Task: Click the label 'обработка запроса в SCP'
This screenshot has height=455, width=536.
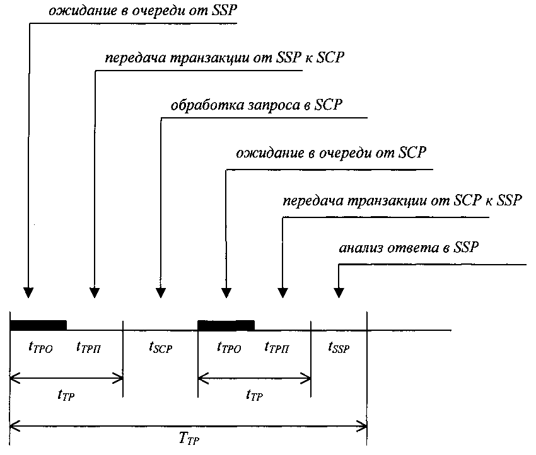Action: click(x=257, y=105)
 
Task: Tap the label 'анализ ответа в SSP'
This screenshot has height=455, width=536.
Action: click(x=409, y=247)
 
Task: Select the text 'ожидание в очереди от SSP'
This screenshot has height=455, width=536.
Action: click(x=143, y=10)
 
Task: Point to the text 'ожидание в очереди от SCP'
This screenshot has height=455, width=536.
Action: click(x=331, y=153)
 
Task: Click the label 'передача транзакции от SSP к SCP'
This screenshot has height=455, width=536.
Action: click(x=224, y=57)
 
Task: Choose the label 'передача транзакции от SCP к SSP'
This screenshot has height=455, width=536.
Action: click(x=402, y=200)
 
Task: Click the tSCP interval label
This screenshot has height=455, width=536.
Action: click(x=160, y=347)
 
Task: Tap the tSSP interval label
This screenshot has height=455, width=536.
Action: click(x=339, y=347)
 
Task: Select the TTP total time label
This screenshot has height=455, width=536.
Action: click(x=189, y=438)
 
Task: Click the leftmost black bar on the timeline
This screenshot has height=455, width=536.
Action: click(x=38, y=325)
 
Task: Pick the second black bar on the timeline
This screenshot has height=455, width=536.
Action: click(x=226, y=325)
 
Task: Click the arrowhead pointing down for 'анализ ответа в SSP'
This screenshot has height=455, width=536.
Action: click(x=339, y=293)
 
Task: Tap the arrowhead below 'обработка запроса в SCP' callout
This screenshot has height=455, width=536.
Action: click(x=161, y=293)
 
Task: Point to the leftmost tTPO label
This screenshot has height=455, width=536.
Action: click(x=41, y=347)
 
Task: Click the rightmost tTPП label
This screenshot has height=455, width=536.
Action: click(x=277, y=347)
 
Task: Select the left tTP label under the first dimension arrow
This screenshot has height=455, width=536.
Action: click(x=66, y=395)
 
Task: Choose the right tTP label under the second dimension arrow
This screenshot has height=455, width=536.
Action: click(x=254, y=395)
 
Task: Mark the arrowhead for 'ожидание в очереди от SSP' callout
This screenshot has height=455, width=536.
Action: click(x=28, y=293)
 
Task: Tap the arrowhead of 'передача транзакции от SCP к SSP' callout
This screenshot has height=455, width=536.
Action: click(x=283, y=293)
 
